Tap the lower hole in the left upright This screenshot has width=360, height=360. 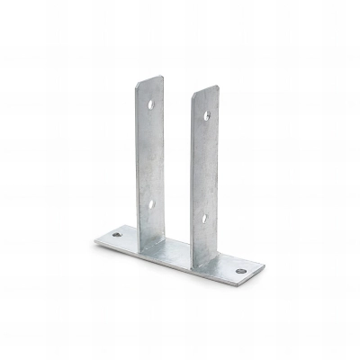(x=150, y=203)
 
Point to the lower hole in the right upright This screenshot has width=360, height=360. (x=204, y=217)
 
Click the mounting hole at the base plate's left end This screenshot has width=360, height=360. (x=116, y=235)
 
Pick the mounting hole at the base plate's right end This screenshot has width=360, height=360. (x=240, y=270)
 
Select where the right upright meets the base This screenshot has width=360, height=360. (x=203, y=262)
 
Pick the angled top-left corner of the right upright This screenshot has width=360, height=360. (x=193, y=95)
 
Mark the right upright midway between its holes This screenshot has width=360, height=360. (x=204, y=166)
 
